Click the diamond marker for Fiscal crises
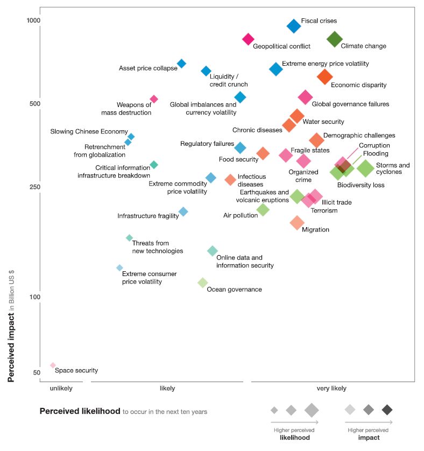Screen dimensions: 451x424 [x=294, y=25]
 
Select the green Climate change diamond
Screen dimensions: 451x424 [x=335, y=39]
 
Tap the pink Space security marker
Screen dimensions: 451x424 [x=53, y=365]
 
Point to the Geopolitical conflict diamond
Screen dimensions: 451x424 [x=248, y=39]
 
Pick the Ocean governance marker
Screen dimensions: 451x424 [x=202, y=283]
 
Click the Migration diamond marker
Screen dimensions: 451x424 [x=297, y=222]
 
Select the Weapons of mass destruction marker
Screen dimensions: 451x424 [x=154, y=99]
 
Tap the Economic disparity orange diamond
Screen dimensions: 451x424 [x=324, y=76]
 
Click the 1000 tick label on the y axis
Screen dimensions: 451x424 [x=34, y=20]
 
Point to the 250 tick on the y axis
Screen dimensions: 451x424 [x=35, y=187]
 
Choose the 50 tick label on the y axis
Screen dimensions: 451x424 [x=37, y=373]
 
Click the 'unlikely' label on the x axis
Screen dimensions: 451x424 [x=61, y=389]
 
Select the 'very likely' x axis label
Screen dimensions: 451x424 [x=331, y=389]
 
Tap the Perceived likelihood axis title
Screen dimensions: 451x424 [x=80, y=411]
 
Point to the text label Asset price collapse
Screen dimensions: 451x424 [x=148, y=68]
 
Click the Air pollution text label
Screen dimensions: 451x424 [x=241, y=216]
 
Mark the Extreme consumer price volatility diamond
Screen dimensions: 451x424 [x=120, y=268]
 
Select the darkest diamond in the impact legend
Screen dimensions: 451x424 [x=387, y=410]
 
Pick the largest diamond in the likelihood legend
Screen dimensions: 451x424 [x=312, y=410]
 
